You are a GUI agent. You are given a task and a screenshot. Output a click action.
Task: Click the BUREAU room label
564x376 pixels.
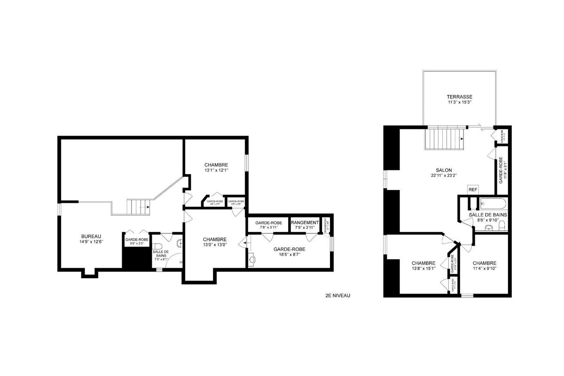click(91, 236)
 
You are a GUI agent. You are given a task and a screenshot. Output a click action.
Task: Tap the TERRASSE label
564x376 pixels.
click(459, 96)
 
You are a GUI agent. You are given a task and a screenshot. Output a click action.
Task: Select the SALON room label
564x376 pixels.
click(444, 170)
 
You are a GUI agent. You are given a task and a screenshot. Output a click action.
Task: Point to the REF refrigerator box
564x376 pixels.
click(472, 189)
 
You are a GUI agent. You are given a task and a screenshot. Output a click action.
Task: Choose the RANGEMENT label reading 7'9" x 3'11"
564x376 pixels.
click(305, 223)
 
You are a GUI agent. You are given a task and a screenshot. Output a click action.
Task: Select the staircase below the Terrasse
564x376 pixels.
click(444, 138)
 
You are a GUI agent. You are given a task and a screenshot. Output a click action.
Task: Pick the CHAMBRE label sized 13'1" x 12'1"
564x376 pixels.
click(216, 165)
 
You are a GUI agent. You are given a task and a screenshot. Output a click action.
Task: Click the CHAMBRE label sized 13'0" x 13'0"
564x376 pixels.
click(215, 239)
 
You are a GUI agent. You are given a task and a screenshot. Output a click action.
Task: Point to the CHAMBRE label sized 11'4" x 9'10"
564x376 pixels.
click(485, 263)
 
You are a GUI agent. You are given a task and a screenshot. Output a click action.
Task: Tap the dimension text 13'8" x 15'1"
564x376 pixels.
click(423, 269)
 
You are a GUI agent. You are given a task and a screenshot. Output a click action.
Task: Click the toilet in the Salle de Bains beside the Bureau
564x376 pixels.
click(159, 247)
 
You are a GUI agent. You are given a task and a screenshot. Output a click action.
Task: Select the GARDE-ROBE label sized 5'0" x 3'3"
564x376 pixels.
click(137, 240)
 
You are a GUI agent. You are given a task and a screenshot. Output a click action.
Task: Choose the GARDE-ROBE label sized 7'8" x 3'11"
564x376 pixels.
click(268, 223)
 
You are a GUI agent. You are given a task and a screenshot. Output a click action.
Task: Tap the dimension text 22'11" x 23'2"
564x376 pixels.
click(444, 176)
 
